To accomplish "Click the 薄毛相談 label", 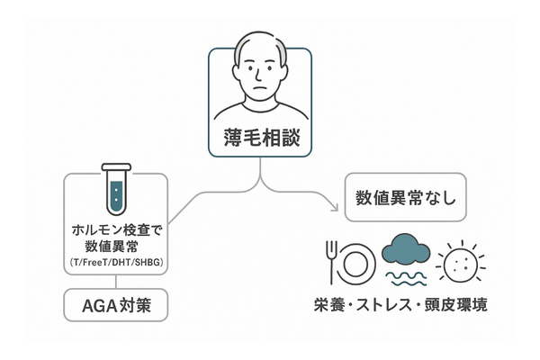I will tap(260, 139).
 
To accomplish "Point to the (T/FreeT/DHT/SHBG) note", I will tap(117, 262).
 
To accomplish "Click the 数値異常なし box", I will tap(405, 196).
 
